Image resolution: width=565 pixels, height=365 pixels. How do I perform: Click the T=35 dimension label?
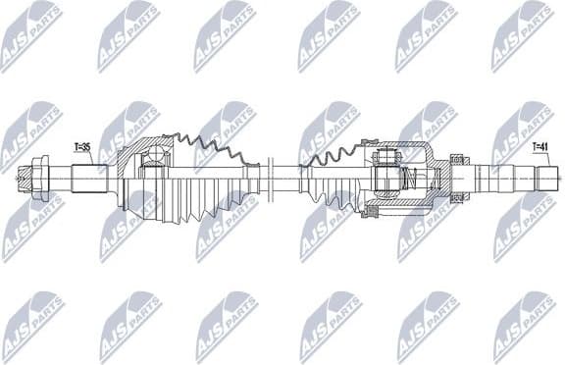coord(82,147)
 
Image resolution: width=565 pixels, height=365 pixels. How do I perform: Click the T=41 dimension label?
coord(539,147)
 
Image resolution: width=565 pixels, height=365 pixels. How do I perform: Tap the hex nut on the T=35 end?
coord(42,180)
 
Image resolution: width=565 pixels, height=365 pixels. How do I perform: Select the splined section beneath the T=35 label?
coord(90,180)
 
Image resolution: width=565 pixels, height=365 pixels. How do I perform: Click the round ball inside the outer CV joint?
coord(154,156)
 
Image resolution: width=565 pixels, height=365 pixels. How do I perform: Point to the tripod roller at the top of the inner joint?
coord(386,154)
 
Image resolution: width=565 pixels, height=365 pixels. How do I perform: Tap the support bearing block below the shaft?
coord(455,200)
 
